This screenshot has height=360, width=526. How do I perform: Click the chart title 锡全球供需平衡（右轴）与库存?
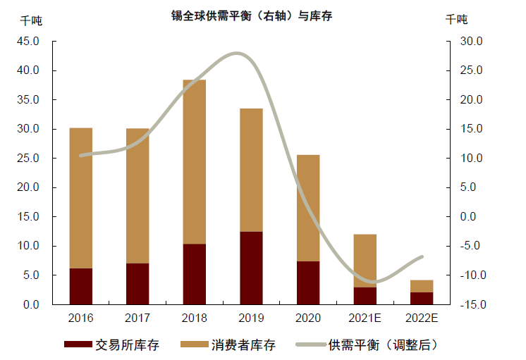[x=252, y=15]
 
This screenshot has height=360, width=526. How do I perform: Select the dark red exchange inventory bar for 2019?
[x=251, y=268]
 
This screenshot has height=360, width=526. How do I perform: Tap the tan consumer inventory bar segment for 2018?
[x=194, y=162]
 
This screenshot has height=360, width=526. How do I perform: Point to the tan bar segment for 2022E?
[x=422, y=286]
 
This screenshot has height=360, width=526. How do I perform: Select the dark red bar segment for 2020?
[x=308, y=283]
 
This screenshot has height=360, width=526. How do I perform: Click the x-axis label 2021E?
[x=365, y=318]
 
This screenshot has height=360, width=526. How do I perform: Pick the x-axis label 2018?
[x=194, y=318]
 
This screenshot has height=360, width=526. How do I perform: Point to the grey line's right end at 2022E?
[x=422, y=257]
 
